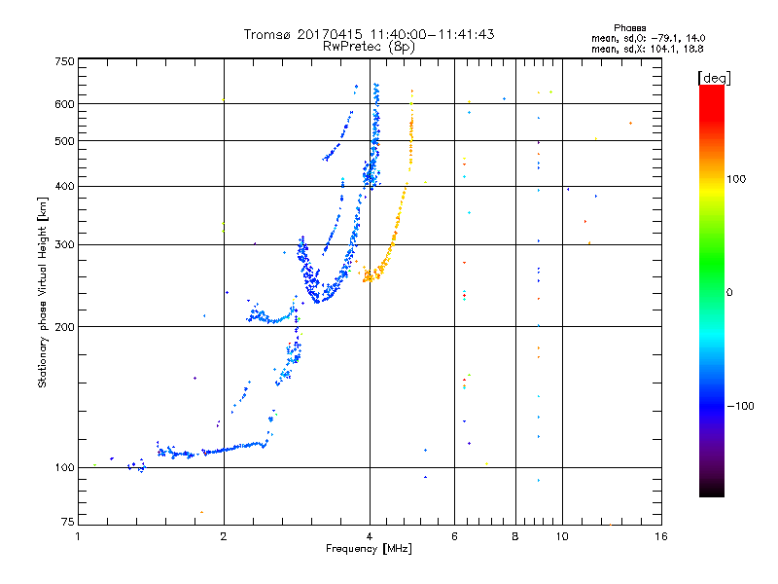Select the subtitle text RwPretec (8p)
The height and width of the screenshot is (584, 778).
[369, 47]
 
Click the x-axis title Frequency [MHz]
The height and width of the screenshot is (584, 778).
[369, 549]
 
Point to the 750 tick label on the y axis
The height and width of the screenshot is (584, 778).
[64, 61]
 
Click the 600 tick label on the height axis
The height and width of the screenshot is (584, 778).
[64, 104]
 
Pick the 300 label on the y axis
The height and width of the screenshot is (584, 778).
[64, 244]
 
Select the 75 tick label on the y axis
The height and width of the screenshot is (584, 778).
[68, 522]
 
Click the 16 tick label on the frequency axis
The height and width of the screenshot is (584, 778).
[661, 536]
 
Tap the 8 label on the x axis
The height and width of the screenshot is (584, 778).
[515, 536]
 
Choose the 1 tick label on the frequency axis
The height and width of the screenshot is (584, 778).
[78, 536]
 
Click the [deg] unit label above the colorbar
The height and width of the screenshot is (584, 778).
[714, 79]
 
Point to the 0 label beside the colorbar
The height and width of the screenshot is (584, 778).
[729, 292]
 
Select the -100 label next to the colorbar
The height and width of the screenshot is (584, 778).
[740, 406]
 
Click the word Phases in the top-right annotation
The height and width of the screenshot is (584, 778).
[629, 28]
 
